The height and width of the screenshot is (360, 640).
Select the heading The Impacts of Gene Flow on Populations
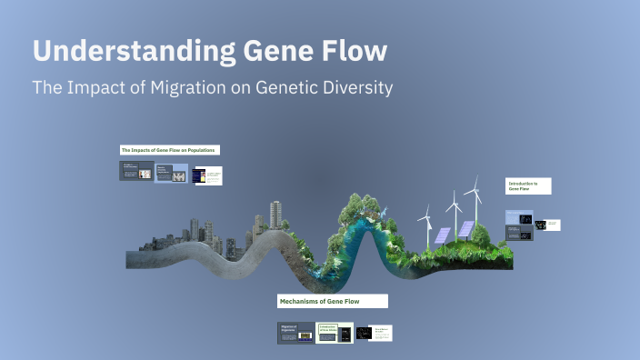click(170, 149)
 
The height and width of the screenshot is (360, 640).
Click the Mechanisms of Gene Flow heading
click(332, 300)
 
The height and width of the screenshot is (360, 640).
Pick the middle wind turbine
click(451, 207)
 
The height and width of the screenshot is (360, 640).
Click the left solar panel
click(441, 235)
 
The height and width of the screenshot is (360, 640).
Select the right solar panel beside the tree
click(465, 228)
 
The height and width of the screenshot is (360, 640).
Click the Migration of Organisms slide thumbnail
click(295, 334)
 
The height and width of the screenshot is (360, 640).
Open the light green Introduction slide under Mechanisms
click(334, 334)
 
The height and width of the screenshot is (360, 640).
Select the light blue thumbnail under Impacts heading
click(172, 172)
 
